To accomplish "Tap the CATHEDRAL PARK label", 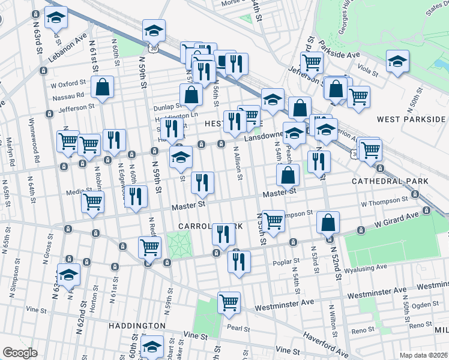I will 390,181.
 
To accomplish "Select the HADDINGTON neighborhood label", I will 136,325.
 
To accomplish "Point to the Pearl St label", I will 238,328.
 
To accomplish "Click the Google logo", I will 20,353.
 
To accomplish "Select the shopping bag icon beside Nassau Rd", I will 103,88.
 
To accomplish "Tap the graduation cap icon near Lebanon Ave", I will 56,19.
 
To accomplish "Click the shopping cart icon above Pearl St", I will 229,303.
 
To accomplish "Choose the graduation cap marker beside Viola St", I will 397,61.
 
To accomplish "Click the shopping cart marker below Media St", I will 93,203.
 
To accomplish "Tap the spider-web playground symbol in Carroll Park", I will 178,243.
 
